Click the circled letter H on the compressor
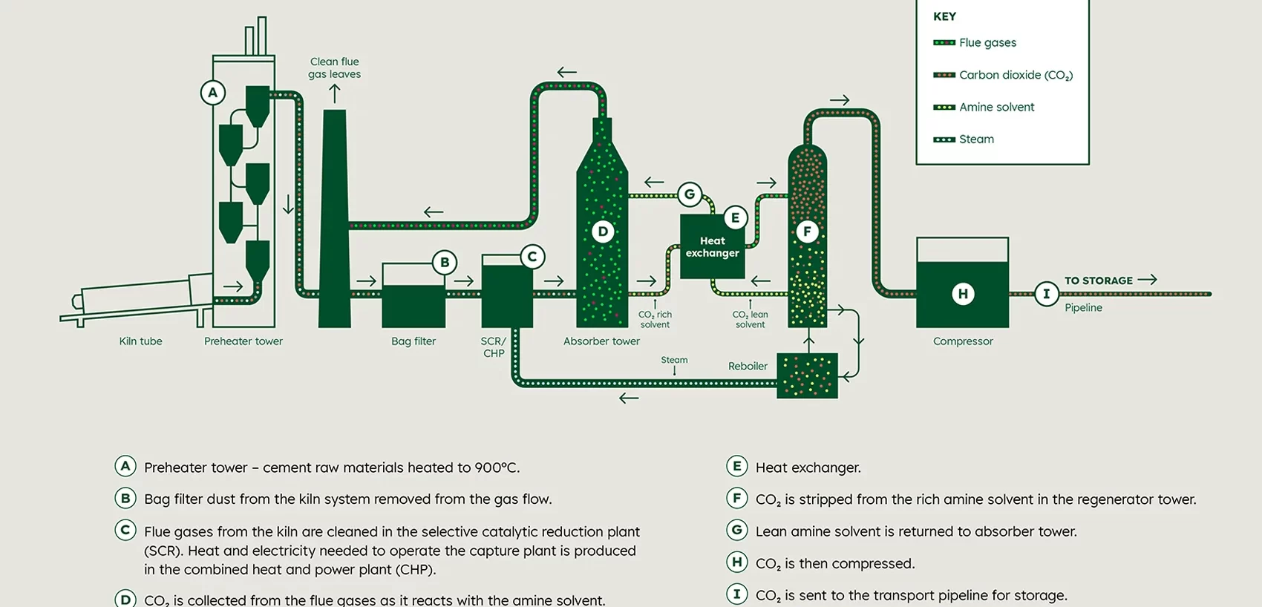click(963, 294)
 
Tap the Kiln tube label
click(140, 341)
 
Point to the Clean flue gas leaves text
click(335, 68)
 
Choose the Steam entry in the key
click(975, 140)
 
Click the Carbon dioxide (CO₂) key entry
click(1015, 75)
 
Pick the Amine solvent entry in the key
click(995, 107)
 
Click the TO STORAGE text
click(1099, 280)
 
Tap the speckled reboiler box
click(807, 376)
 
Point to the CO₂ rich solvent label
click(655, 319)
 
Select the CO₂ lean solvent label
click(750, 319)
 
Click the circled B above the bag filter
click(445, 262)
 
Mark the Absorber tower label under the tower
click(601, 341)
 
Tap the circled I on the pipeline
click(1046, 294)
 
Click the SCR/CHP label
click(494, 347)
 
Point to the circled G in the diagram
click(690, 194)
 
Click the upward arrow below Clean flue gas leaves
click(335, 93)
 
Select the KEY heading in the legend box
click(944, 16)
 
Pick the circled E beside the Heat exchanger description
click(736, 466)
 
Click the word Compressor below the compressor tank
click(963, 341)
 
